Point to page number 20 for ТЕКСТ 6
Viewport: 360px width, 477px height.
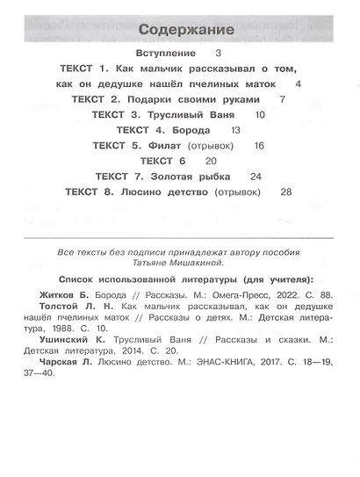coord(210,162)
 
